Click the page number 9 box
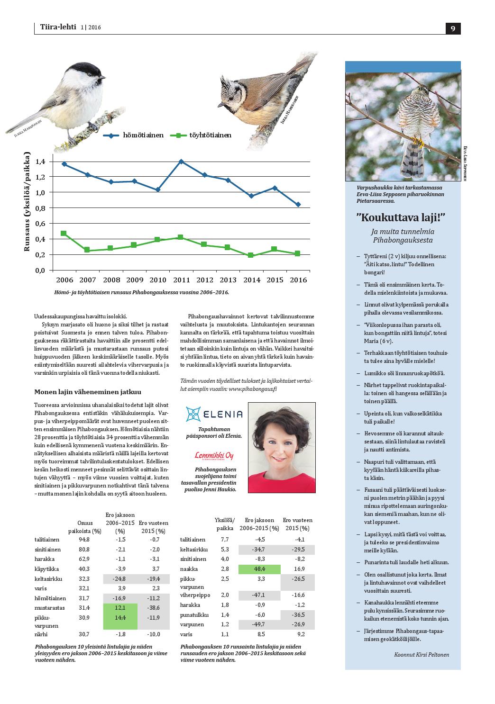click(x=453, y=28)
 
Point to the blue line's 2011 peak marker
click(x=181, y=161)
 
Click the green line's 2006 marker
click(x=64, y=234)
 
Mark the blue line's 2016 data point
click(x=298, y=205)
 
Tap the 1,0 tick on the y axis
click(x=40, y=192)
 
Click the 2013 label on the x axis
click(x=228, y=280)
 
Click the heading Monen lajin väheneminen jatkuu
click(x=88, y=392)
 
